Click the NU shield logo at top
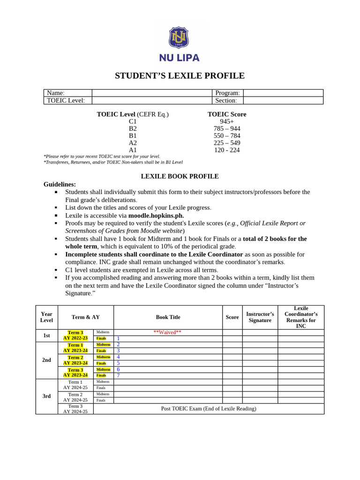click(x=179, y=38)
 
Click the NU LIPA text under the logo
click(x=179, y=58)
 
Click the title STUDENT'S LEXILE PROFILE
click(x=180, y=76)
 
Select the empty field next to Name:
click(x=152, y=93)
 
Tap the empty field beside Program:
click(x=283, y=93)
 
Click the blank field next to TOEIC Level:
click(x=152, y=100)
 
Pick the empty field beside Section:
click(x=283, y=100)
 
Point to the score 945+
click(x=227, y=121)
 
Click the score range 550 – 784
click(x=227, y=136)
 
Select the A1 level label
click(x=133, y=150)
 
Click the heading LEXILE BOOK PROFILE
click(x=180, y=176)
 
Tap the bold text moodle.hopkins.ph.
click(x=156, y=216)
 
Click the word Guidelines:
click(x=60, y=184)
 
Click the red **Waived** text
click(x=167, y=332)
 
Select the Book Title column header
click(x=168, y=317)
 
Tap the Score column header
click(x=232, y=317)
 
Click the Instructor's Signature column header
click(x=260, y=317)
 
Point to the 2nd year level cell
click(x=46, y=360)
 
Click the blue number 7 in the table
click(x=118, y=375)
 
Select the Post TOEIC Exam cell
click(x=209, y=409)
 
